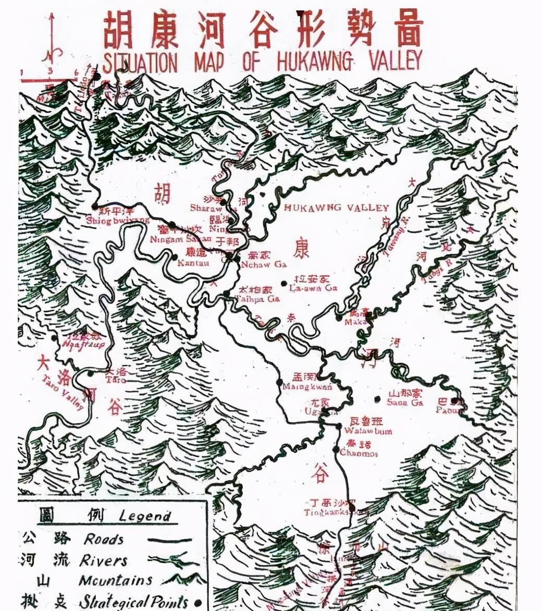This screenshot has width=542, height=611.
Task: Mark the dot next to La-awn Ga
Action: pos(284,283)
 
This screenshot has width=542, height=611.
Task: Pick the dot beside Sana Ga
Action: pos(377,399)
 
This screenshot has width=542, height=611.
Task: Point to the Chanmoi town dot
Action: pos(336,449)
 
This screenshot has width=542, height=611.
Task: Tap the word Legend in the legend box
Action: pos(145,516)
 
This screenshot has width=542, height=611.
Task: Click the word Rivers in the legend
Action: pos(104,561)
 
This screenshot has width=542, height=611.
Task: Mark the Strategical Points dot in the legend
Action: pos(197,603)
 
